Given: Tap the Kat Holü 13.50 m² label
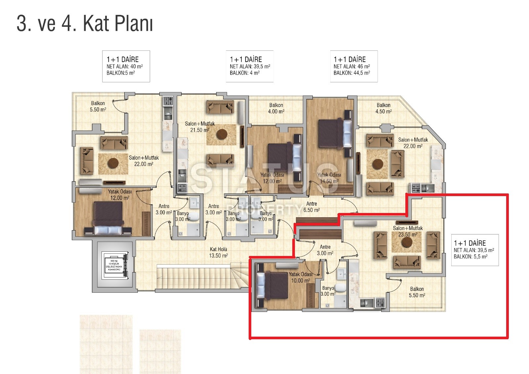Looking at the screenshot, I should click(x=219, y=252).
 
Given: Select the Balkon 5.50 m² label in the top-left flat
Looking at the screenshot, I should click(x=98, y=106).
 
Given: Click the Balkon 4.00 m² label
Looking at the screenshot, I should click(x=276, y=108).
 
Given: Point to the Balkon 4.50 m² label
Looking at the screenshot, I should click(x=383, y=108).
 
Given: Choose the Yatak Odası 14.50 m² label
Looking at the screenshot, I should click(x=329, y=178).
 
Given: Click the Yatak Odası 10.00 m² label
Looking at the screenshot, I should click(x=301, y=277).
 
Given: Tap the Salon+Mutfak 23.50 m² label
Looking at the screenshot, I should click(x=408, y=231).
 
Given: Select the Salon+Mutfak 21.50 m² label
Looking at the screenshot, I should click(x=200, y=127).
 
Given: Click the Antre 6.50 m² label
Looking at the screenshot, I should click(x=311, y=207).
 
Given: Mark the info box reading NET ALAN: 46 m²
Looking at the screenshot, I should click(x=354, y=66).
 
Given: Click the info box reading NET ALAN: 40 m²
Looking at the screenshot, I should click(x=126, y=66).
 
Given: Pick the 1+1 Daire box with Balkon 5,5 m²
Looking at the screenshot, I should click(x=475, y=250).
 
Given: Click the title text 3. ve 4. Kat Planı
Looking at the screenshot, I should click(x=85, y=24).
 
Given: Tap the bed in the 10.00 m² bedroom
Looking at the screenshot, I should click(x=273, y=285).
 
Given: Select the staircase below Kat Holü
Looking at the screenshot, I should click(x=198, y=276).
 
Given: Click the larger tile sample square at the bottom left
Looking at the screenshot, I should click(x=106, y=344).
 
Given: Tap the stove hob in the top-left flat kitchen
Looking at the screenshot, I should click(x=168, y=100).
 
